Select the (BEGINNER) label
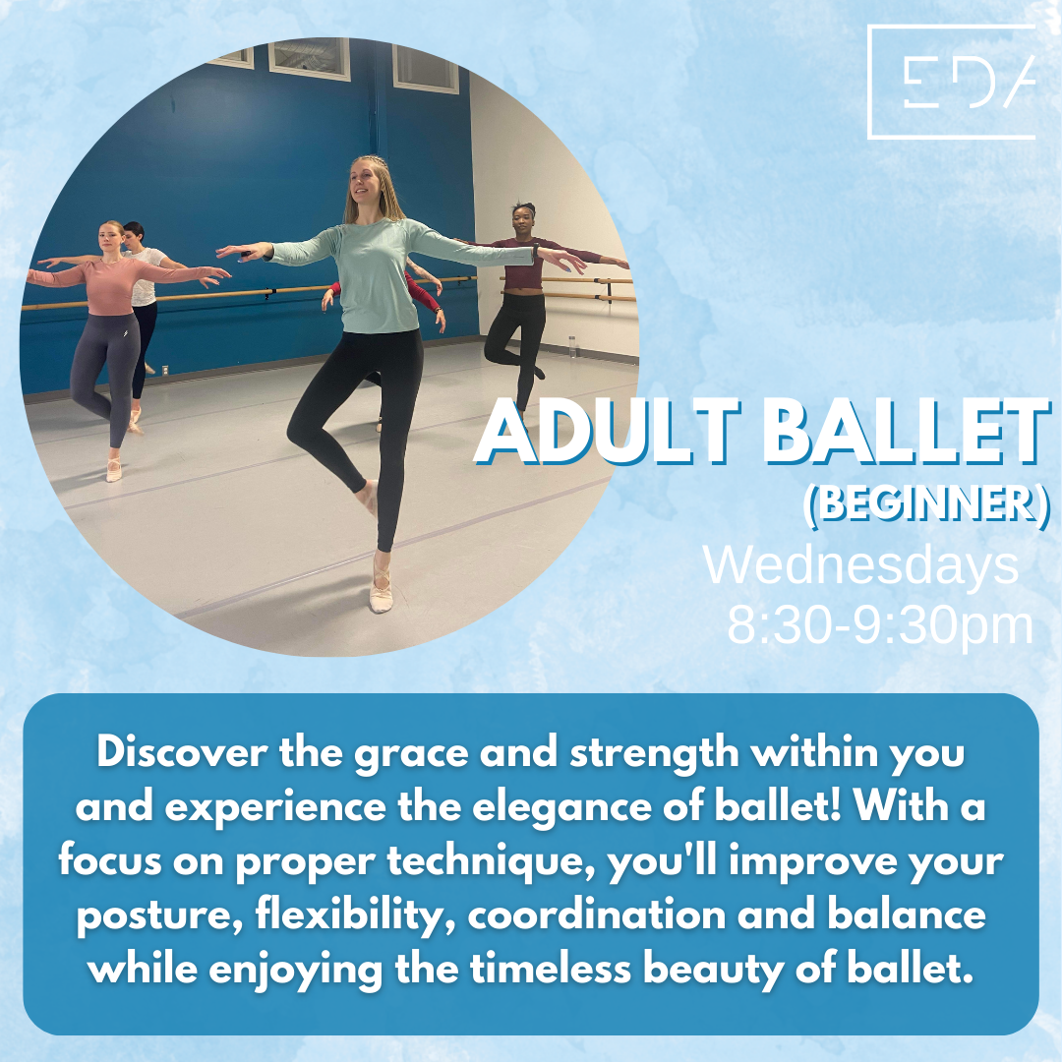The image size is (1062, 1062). [x=926, y=505]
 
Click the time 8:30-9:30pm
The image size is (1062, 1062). [x=880, y=624]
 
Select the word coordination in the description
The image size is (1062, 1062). [x=596, y=915]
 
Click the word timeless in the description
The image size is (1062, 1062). [x=551, y=970]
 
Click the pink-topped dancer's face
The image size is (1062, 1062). [x=110, y=237]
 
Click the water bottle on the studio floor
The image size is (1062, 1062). [x=573, y=347]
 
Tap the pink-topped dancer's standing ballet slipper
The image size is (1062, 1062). [x=114, y=469]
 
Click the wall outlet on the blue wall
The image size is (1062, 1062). [x=165, y=370]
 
